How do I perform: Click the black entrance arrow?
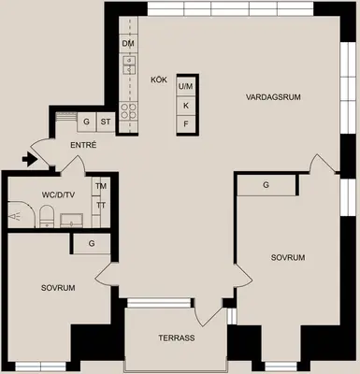tap(30, 159)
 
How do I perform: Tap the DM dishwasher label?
tap(128, 44)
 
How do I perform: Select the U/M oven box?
tap(186, 86)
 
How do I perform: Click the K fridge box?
tap(186, 106)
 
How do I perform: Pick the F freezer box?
tap(186, 124)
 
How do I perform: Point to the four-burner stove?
tap(128, 111)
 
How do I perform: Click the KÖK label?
tap(159, 80)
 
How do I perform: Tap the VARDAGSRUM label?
tap(273, 97)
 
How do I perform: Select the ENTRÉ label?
tap(83, 145)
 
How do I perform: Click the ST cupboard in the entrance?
tap(106, 122)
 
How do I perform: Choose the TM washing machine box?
tap(100, 186)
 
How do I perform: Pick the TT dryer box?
tap(100, 206)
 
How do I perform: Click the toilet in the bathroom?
tap(47, 216)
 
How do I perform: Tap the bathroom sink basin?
tap(72, 221)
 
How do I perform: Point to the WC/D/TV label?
tap(58, 195)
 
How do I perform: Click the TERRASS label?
tap(177, 338)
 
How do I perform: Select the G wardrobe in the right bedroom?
tap(266, 185)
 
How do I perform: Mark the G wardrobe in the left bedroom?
tap(92, 243)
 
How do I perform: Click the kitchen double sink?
tap(129, 65)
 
